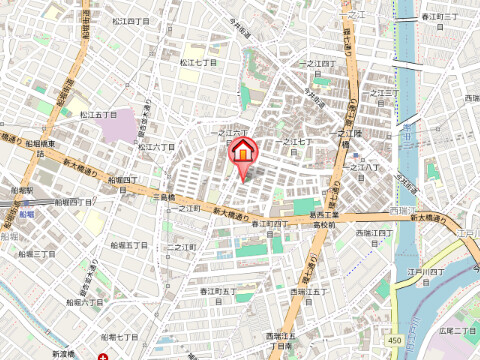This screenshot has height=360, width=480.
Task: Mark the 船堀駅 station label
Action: (x=21, y=189)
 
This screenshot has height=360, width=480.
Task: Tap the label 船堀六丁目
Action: (x=86, y=300)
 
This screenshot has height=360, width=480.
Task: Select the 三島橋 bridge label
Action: (x=164, y=198)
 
